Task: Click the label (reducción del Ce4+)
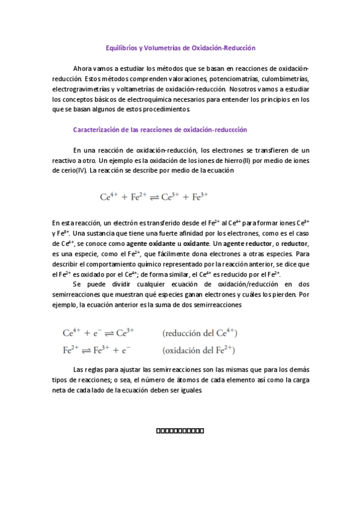click(200, 332)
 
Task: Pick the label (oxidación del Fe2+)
click(198, 349)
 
